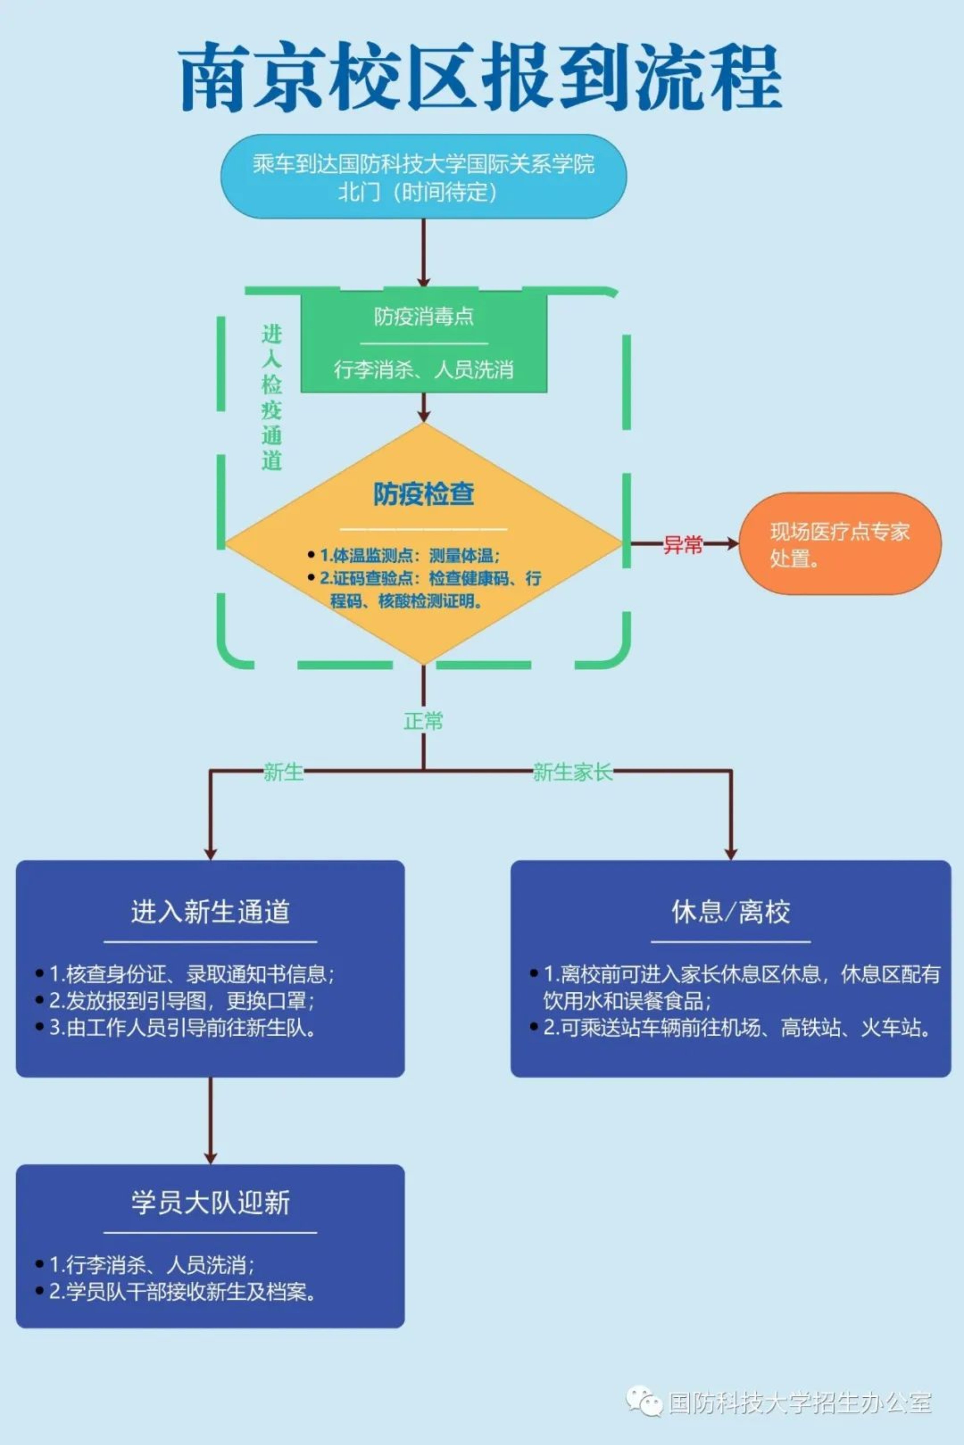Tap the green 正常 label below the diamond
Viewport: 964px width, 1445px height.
tap(423, 721)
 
